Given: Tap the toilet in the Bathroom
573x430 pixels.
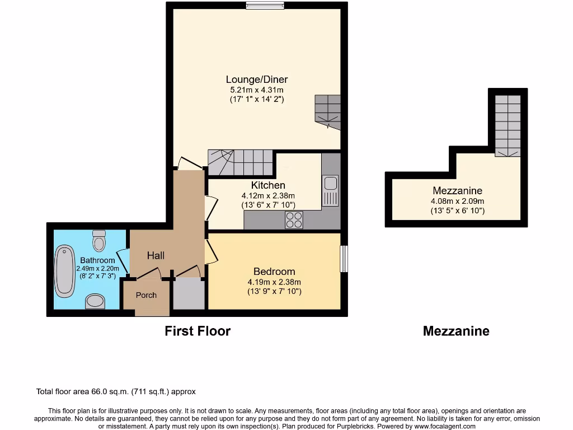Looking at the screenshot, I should coord(100,241).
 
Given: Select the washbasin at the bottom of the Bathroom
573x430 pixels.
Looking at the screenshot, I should coord(95,302).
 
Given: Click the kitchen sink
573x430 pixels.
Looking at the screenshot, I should coord(330,190).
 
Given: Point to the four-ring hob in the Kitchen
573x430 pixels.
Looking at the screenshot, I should coord(294,220).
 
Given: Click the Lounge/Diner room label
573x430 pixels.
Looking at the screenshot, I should coord(257,79).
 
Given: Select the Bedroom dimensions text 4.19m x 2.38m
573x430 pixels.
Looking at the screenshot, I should coord(274,282).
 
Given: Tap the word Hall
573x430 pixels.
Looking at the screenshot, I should coord(156,255).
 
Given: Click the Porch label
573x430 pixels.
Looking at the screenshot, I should coord(146,295).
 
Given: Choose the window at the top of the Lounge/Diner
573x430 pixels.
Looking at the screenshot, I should coord(265,6).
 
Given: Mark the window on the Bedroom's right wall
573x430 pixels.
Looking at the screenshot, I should coord(344,259).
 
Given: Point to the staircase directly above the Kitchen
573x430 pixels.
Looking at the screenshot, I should coord(240,162).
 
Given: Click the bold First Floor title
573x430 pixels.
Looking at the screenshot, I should coord(198,331).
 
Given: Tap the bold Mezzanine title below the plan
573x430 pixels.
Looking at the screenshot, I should coord(456,331).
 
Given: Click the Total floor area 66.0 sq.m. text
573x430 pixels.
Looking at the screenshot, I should coord(116,392).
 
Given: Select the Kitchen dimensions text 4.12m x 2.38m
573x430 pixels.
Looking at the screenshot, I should coord(268,195).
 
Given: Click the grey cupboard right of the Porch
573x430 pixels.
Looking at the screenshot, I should coord(189,293).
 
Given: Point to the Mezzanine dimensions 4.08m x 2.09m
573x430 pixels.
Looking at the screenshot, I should coord(457,201).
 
